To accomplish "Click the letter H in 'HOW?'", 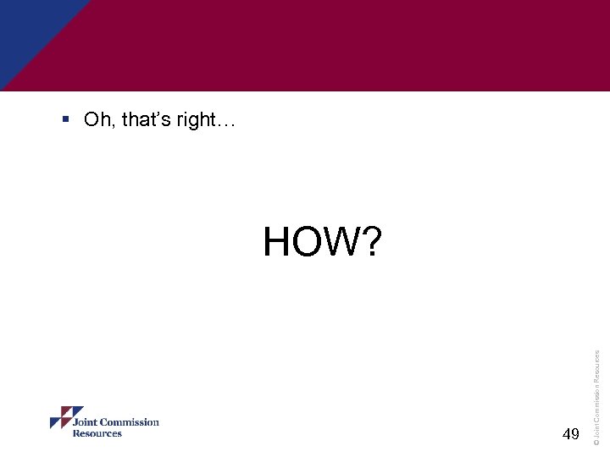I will click(x=277, y=242).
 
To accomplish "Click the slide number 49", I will click(x=571, y=434).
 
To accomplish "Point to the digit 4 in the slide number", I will click(x=566, y=434).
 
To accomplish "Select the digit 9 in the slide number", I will click(x=576, y=434).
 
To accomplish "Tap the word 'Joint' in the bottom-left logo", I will click(x=87, y=422).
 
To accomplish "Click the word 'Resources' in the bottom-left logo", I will click(x=97, y=433).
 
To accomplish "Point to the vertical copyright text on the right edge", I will click(x=596, y=386).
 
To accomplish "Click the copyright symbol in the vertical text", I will click(x=596, y=441).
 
